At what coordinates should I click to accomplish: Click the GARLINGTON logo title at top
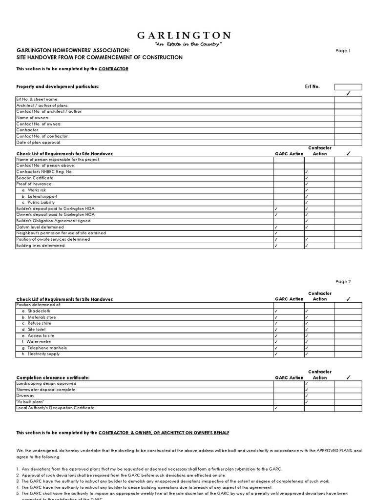click(x=184, y=36)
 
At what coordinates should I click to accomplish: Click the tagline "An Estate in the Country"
click(x=188, y=44)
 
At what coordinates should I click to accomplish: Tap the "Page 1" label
click(x=343, y=51)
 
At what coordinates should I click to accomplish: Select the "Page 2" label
click(x=343, y=282)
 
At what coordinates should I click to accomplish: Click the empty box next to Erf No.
click(x=348, y=87)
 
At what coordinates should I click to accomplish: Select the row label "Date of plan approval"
click(x=39, y=143)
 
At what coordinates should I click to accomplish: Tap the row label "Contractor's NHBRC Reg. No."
click(x=44, y=172)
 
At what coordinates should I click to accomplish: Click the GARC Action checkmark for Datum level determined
click(x=276, y=227)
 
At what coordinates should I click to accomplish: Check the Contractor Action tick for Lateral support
click(x=307, y=196)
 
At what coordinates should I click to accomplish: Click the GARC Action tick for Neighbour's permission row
click(x=276, y=233)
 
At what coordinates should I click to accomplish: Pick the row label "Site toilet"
click(x=37, y=330)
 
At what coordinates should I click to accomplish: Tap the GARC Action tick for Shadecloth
click(x=276, y=311)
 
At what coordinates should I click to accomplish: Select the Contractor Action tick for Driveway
click(x=307, y=396)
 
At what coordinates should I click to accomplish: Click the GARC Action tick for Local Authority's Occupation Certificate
click(x=276, y=408)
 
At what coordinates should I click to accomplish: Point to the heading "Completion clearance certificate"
click(x=53, y=378)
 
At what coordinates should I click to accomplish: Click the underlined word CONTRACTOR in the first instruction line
click(x=113, y=69)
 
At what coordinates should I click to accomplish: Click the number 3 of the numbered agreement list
click(x=18, y=481)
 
